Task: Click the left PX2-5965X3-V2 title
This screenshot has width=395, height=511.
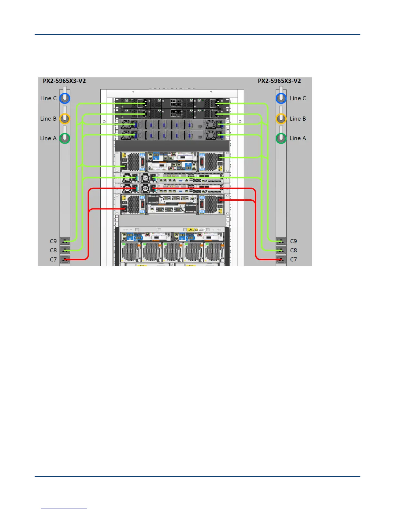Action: (64, 81)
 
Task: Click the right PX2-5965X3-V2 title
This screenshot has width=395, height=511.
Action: (279, 81)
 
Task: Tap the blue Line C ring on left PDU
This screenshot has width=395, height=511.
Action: (65, 98)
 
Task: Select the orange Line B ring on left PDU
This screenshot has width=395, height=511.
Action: (65, 119)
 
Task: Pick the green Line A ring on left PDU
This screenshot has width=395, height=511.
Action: (65, 138)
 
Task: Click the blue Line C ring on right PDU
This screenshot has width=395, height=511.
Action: (281, 98)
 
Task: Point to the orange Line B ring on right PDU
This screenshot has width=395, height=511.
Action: (281, 119)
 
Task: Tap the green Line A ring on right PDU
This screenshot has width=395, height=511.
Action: (281, 138)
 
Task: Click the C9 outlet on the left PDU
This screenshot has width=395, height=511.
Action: (65, 241)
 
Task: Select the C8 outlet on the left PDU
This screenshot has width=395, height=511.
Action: (65, 250)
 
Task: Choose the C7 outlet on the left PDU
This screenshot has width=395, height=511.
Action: (65, 259)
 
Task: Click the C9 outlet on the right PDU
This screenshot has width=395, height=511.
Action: (281, 241)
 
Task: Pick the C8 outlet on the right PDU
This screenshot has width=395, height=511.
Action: (281, 250)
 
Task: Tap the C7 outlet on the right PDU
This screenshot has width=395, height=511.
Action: (281, 259)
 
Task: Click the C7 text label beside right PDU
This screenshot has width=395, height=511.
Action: (293, 259)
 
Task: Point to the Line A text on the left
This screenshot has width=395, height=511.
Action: (48, 138)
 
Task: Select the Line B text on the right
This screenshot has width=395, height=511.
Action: (298, 119)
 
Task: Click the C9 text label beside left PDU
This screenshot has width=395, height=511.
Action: (53, 241)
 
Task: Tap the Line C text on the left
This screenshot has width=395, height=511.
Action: (48, 98)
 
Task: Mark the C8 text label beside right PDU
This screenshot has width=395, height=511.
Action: (293, 250)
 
